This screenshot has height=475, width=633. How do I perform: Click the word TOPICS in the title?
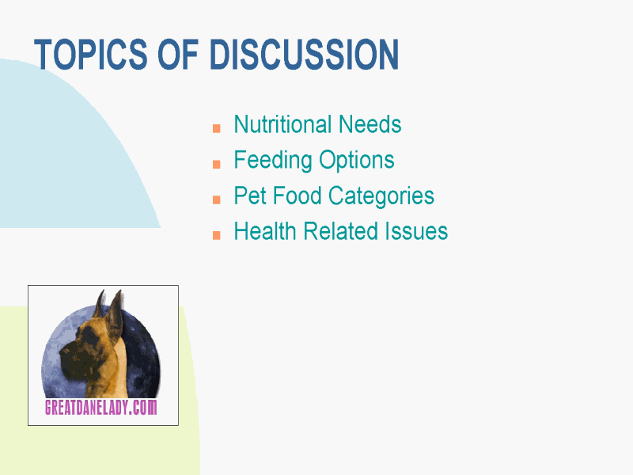[91, 55]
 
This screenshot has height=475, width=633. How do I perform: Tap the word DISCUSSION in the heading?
[305, 55]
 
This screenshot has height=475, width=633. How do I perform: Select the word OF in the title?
[178, 55]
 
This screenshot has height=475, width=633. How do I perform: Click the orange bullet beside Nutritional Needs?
[216, 128]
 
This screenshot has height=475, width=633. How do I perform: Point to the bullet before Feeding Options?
[216, 164]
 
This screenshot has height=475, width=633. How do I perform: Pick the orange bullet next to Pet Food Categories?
[216, 199]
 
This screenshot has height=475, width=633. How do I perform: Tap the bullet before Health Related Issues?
[216, 235]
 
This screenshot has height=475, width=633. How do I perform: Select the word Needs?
[370, 124]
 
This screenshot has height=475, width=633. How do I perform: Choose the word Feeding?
[273, 161]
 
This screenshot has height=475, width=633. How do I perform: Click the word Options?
[357, 161]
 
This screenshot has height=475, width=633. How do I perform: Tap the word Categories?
[381, 196]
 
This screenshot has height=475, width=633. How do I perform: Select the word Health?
[265, 231]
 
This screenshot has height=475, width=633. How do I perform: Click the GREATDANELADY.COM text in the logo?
[101, 407]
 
